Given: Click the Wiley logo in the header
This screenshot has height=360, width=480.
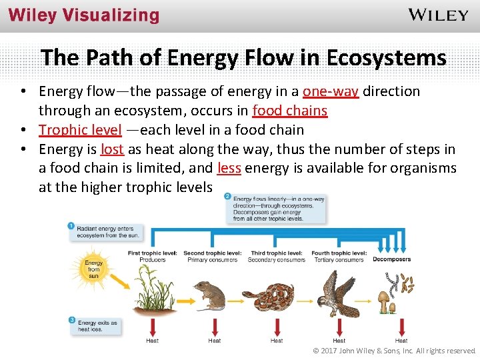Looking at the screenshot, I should click(x=438, y=15).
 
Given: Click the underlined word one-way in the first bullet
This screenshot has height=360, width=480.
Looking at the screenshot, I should click(x=331, y=91).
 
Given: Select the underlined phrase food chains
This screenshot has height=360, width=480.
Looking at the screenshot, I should click(x=289, y=111).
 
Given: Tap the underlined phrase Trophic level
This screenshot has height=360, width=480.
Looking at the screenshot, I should click(x=80, y=130).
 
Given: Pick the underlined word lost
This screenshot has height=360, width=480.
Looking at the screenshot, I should click(x=112, y=149).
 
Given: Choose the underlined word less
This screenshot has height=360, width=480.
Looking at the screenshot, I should click(x=229, y=169).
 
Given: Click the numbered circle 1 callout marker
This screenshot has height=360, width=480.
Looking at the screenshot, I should click(x=71, y=226).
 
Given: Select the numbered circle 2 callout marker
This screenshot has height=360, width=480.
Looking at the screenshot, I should click(x=228, y=197).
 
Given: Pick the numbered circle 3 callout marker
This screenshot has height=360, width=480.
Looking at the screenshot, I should click(x=71, y=321).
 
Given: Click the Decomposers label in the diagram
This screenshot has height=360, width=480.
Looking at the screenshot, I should click(x=392, y=259).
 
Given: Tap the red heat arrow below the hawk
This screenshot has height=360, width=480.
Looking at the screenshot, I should click(x=339, y=327).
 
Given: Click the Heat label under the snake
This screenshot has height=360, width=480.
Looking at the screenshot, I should click(x=276, y=341).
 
